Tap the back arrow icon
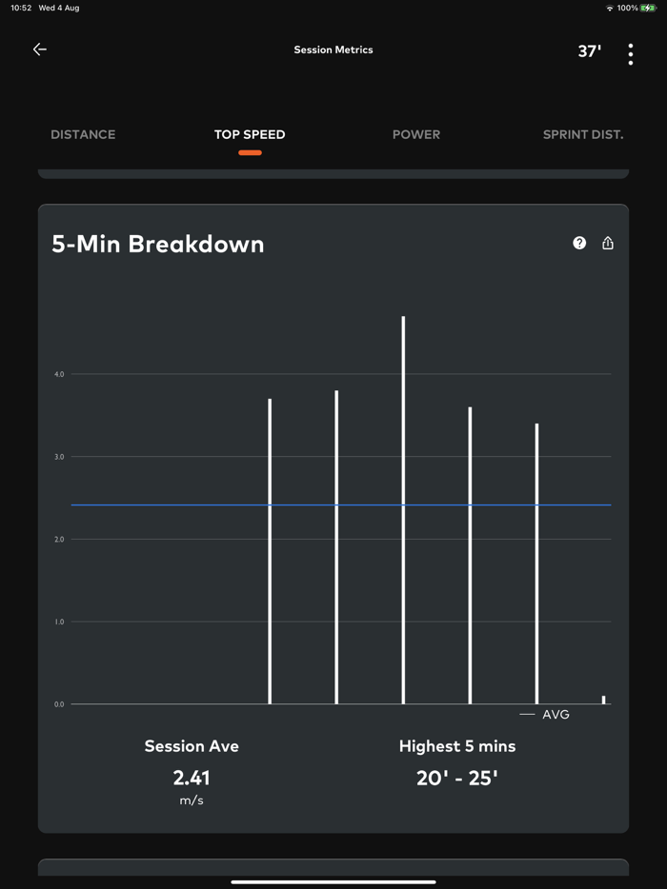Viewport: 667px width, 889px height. (40, 49)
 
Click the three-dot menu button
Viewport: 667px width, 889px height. (631, 54)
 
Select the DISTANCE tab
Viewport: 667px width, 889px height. (83, 134)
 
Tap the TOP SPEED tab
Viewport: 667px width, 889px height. (250, 134)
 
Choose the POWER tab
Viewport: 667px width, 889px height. (416, 134)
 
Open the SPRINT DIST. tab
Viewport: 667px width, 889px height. (583, 134)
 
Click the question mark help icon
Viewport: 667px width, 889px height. (579, 243)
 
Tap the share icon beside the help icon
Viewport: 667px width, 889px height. (608, 243)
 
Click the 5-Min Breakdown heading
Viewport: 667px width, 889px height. (158, 244)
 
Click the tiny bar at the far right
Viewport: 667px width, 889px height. (603, 700)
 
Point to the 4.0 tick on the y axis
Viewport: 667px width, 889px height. (59, 374)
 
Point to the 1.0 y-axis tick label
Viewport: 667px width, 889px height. (59, 622)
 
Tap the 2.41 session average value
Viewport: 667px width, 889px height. (192, 778)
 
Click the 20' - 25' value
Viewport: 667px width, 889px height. (457, 778)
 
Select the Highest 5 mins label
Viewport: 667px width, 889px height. (457, 746)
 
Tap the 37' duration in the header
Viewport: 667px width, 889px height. (590, 51)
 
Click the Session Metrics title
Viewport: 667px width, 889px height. (333, 49)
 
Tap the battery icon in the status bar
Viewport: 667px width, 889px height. (649, 8)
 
